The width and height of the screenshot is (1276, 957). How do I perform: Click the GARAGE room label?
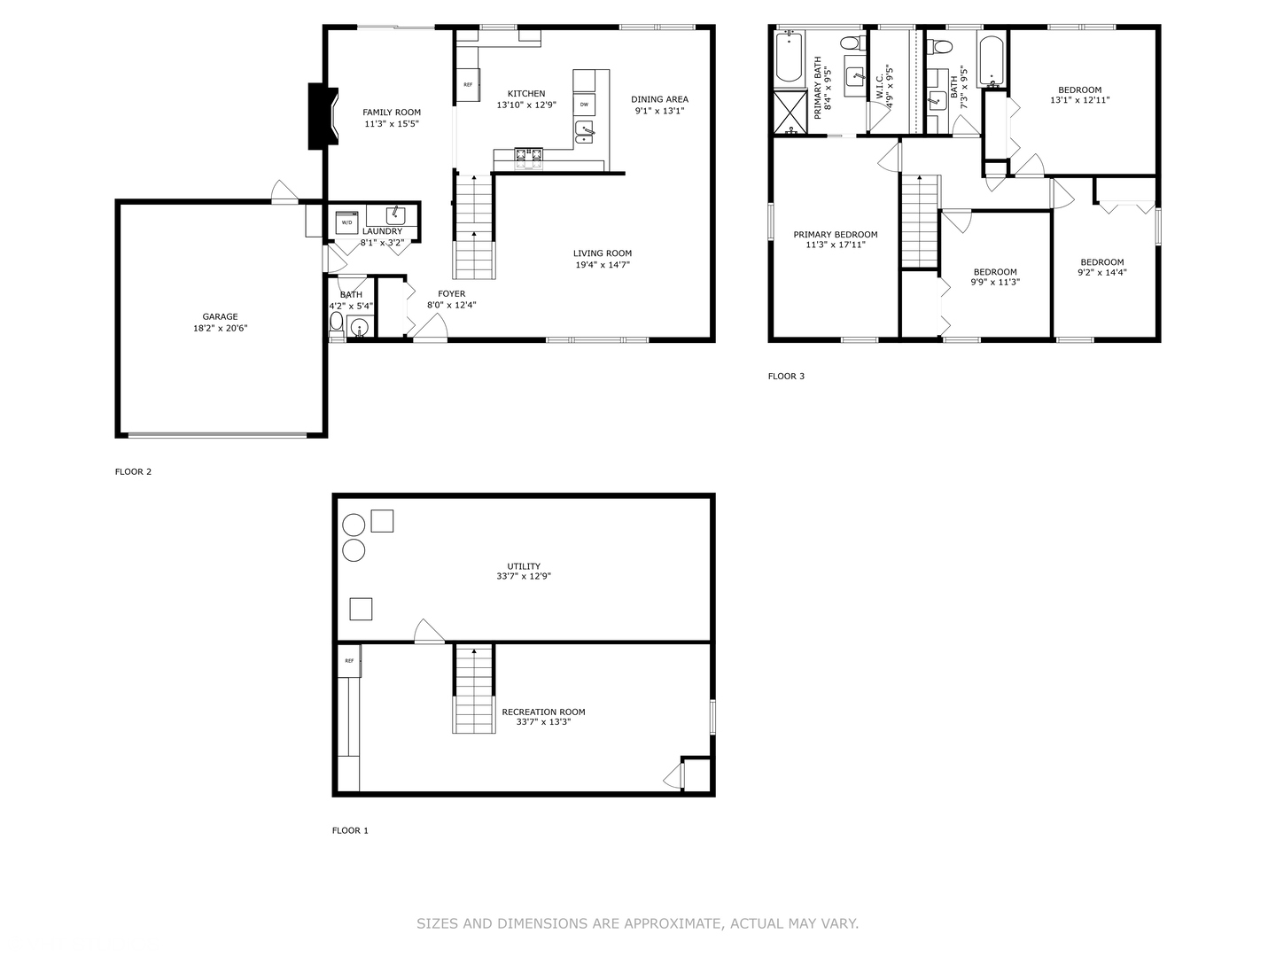point(220,316)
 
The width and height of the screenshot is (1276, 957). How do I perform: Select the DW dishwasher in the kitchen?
point(584,105)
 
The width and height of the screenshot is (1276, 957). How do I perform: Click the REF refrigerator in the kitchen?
point(468,85)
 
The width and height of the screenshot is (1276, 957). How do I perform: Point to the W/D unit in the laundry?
point(346,222)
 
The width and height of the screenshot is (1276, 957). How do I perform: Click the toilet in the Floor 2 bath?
point(336,327)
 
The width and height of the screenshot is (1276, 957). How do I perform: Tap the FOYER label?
point(451,294)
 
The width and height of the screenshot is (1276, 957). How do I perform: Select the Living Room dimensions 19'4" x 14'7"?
point(602,264)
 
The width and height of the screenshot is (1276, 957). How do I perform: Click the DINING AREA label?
point(659,99)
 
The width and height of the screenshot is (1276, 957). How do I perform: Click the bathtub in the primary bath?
point(789,58)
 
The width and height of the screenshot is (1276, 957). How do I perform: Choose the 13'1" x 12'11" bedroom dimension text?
point(1079,100)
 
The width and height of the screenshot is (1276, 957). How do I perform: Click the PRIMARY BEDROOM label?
point(835,235)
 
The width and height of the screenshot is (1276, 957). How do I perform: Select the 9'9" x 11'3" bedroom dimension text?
point(994,283)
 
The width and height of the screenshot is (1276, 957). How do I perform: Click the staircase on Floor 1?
point(474,689)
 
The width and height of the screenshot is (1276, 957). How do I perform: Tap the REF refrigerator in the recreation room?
point(349,661)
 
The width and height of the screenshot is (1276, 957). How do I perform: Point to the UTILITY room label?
point(523,566)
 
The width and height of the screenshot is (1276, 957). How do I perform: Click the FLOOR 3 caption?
point(786,377)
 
